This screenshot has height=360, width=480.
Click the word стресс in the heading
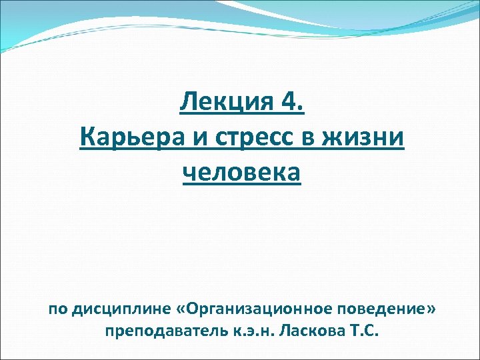249,139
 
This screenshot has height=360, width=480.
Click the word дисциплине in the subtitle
121,310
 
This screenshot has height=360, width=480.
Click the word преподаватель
158,331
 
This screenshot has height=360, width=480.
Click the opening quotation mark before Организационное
183,311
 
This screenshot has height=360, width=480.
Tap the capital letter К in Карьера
86,139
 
